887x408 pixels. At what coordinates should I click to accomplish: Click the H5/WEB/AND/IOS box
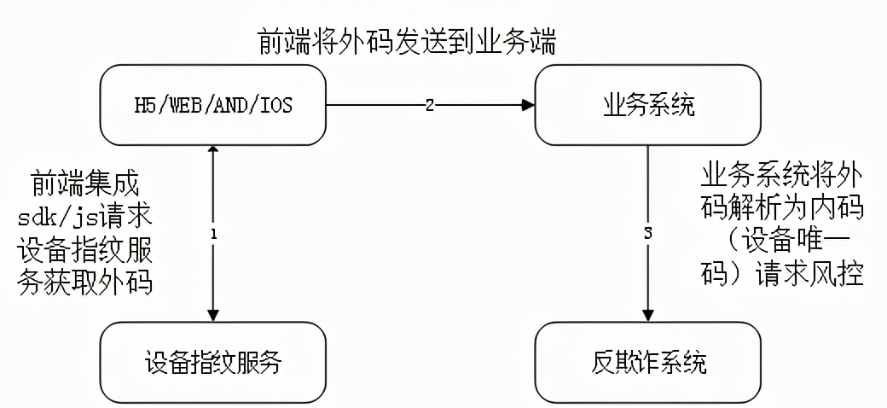click(213, 105)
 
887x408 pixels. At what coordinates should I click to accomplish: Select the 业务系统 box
click(647, 105)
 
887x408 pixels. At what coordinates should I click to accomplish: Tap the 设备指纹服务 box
click(213, 364)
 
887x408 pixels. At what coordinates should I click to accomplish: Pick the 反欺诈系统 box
click(647, 364)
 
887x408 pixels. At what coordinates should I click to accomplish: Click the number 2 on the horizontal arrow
click(430, 105)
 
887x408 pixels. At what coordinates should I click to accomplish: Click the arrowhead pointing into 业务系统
click(529, 105)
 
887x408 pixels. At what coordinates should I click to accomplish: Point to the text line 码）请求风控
click(781, 274)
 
